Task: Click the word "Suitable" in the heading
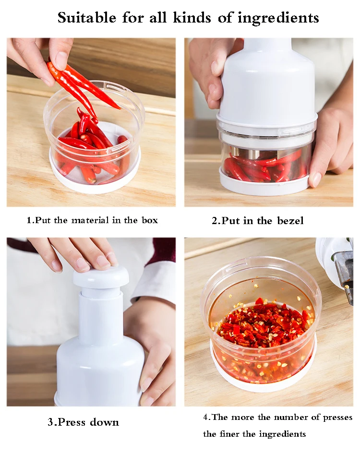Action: pos(87,18)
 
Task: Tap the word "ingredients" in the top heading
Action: pos(278,19)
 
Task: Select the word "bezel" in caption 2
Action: pos(290,221)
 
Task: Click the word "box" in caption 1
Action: pos(150,220)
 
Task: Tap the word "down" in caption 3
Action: pos(104,422)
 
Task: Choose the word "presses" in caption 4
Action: pos(338,418)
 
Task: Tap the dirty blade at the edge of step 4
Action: pos(344,269)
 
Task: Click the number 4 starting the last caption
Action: pos(206,418)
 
